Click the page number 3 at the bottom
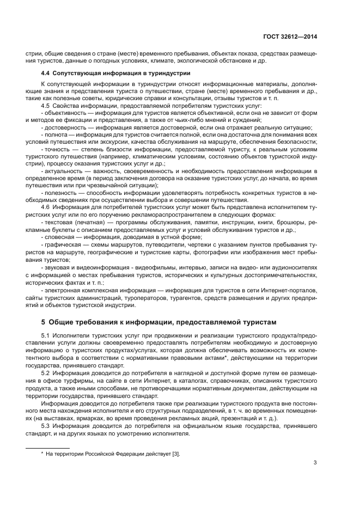click(315, 463)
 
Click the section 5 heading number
click(44, 322)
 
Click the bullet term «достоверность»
click(66, 127)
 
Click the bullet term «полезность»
click(63, 193)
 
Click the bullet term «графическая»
click(63, 245)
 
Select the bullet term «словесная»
click(61, 237)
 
